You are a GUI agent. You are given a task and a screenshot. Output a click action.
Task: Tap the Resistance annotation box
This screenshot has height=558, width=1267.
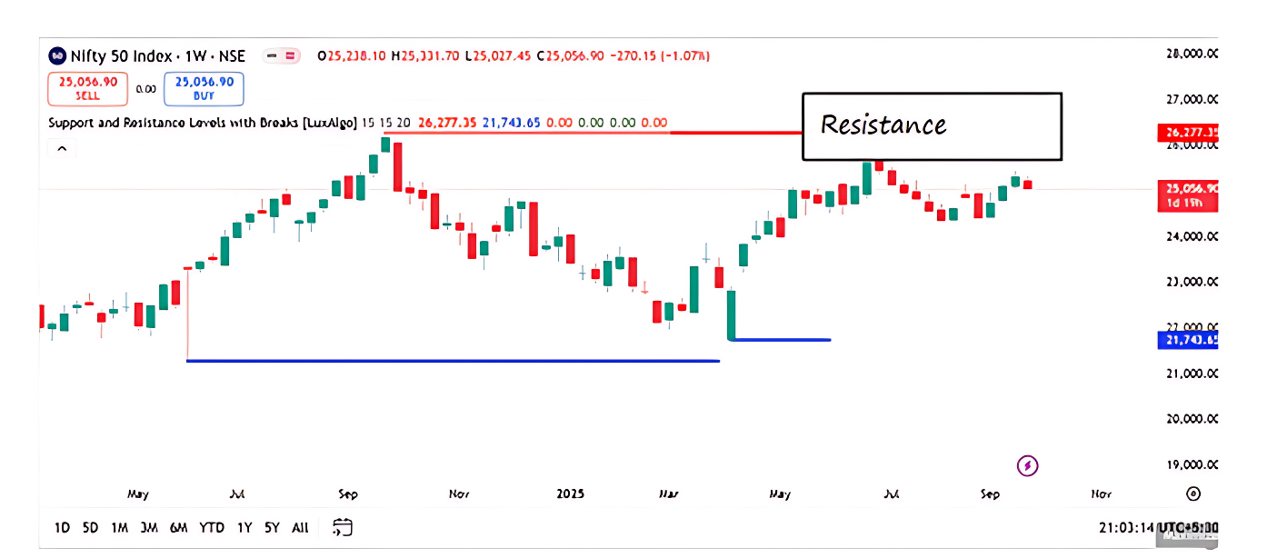pyautogui.click(x=932, y=125)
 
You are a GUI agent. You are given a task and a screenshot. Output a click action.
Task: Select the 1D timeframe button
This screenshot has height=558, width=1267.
pyautogui.click(x=62, y=527)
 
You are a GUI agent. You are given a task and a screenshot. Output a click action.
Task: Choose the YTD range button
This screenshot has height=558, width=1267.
pyautogui.click(x=212, y=527)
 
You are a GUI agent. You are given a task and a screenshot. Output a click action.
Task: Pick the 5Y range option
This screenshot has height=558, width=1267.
pyautogui.click(x=272, y=527)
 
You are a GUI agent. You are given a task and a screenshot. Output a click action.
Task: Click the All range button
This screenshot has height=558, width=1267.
pyautogui.click(x=300, y=527)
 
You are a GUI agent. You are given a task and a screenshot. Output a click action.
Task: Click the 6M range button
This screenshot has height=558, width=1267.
pyautogui.click(x=178, y=527)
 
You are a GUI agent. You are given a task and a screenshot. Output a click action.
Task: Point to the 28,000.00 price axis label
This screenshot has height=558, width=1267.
pyautogui.click(x=1192, y=54)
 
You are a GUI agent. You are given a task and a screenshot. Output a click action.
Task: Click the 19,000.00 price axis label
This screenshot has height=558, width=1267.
pyautogui.click(x=1192, y=464)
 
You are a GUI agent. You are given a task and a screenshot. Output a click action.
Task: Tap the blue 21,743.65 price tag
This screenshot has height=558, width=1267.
pyautogui.click(x=1188, y=341)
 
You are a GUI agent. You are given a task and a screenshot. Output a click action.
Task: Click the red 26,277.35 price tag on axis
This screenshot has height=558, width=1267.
pyautogui.click(x=1188, y=134)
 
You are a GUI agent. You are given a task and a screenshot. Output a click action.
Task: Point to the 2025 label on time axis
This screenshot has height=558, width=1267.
pyautogui.click(x=571, y=494)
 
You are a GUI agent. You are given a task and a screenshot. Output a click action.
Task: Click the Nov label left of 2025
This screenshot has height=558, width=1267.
pyautogui.click(x=459, y=494)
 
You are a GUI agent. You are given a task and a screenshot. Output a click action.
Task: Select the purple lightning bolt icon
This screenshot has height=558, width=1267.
pyautogui.click(x=1028, y=466)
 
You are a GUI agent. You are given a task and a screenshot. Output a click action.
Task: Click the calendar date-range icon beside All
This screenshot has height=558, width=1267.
pyautogui.click(x=343, y=527)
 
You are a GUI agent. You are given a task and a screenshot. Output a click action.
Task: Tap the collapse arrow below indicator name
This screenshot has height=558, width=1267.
pyautogui.click(x=61, y=148)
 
